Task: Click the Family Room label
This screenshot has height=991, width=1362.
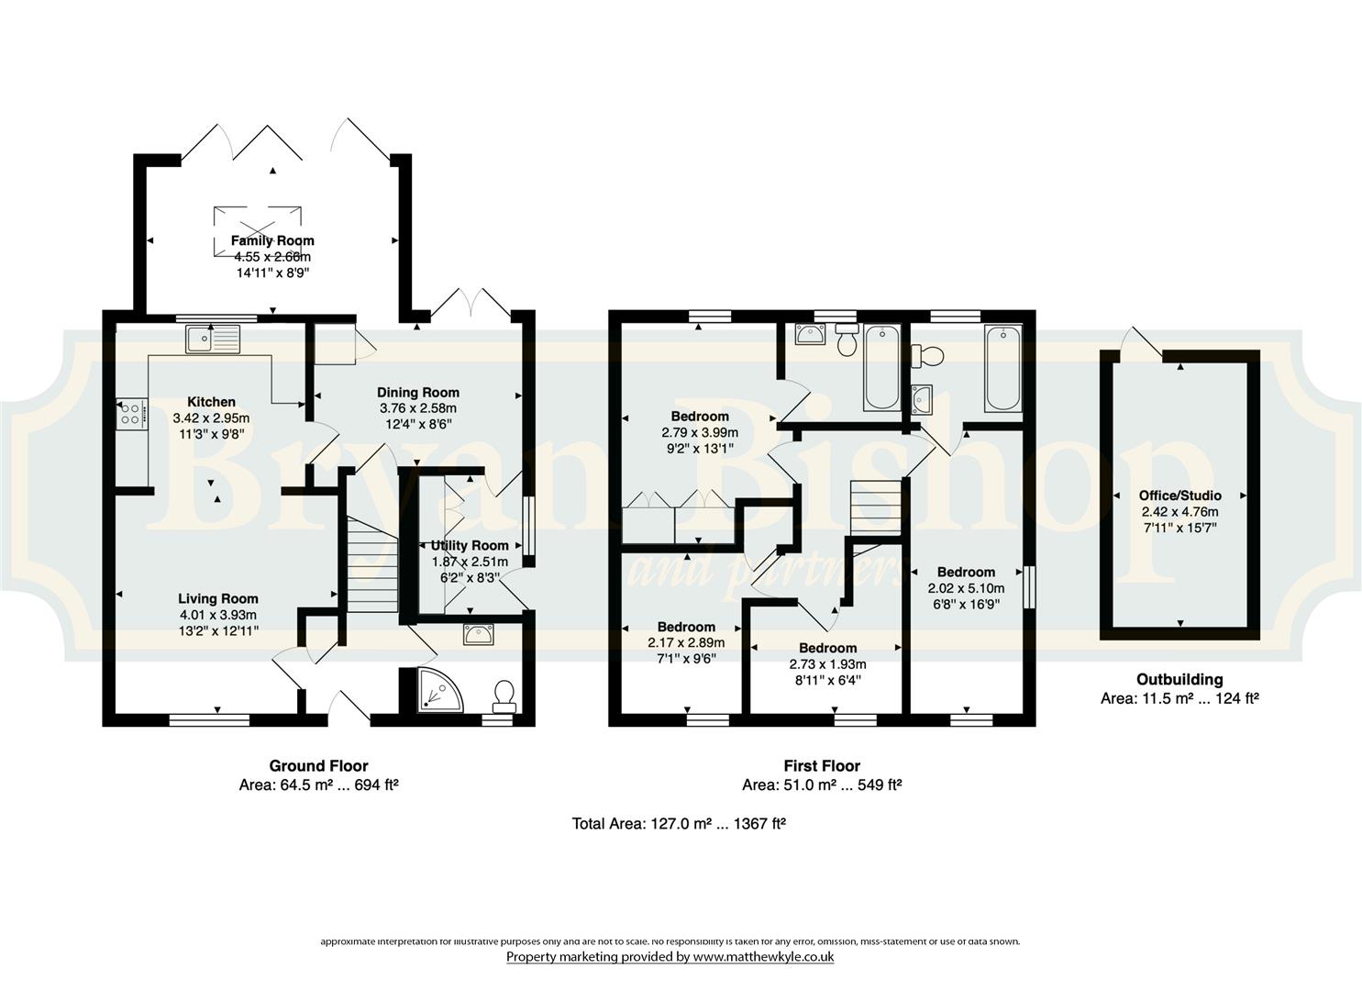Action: tap(272, 241)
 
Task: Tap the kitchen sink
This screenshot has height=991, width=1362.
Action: tap(214, 339)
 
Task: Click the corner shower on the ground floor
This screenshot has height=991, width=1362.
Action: tap(439, 690)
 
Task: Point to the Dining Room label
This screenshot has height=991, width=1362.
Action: tap(417, 393)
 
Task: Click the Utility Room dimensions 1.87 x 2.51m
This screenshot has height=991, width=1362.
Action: tap(470, 562)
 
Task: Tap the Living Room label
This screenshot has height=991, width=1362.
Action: tap(217, 598)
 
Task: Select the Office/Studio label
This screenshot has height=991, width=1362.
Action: tap(1179, 495)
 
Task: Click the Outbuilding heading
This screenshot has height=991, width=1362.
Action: tap(1179, 680)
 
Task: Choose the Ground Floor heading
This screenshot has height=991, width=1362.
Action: tap(318, 765)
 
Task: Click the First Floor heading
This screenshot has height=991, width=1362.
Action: tap(822, 765)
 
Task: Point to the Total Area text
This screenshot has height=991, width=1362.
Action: tap(679, 824)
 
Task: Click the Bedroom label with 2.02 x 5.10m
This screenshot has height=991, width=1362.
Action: tap(966, 572)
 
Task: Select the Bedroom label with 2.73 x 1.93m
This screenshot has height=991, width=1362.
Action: tap(827, 648)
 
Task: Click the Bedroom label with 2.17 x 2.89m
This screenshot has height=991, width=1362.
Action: tap(686, 627)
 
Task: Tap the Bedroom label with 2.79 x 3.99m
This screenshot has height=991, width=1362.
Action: tap(700, 416)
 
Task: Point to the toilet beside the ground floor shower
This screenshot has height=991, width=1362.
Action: tap(504, 696)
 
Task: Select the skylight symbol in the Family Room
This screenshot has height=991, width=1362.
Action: tap(257, 231)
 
